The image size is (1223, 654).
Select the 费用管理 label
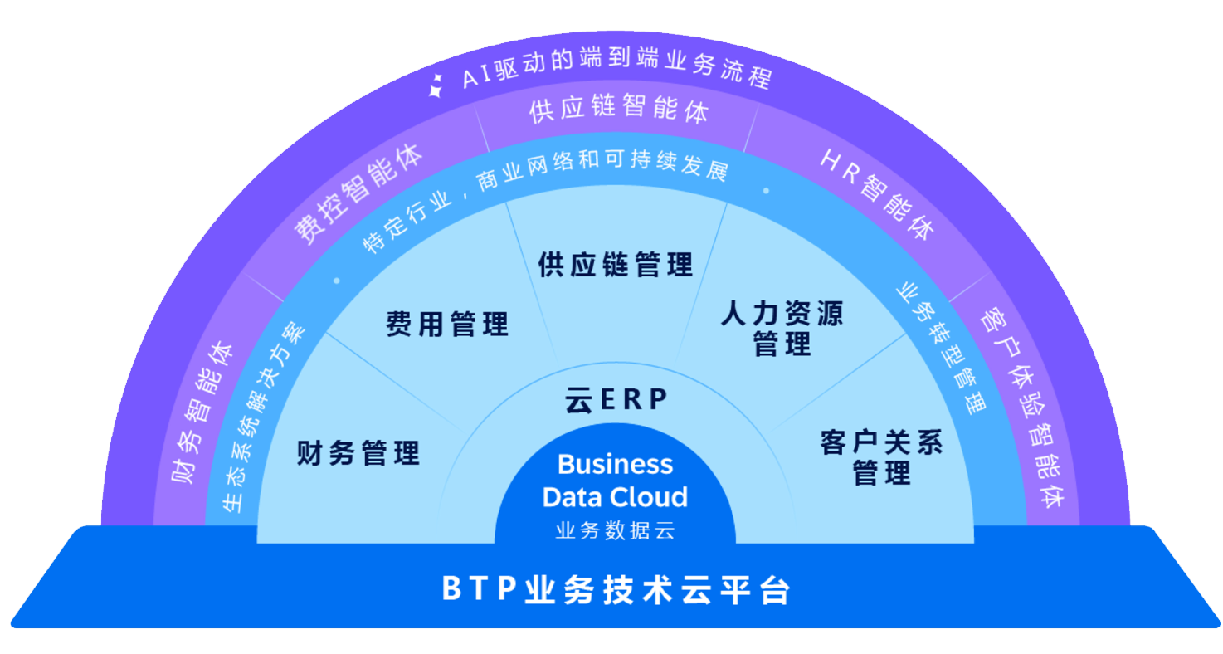click(447, 324)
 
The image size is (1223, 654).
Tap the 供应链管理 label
click(615, 266)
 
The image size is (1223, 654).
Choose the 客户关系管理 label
click(881, 458)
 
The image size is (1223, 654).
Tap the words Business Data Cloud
click(615, 481)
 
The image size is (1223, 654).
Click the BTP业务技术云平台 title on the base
click(616, 591)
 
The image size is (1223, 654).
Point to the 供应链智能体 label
click(618, 113)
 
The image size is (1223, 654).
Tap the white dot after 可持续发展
click(765, 190)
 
